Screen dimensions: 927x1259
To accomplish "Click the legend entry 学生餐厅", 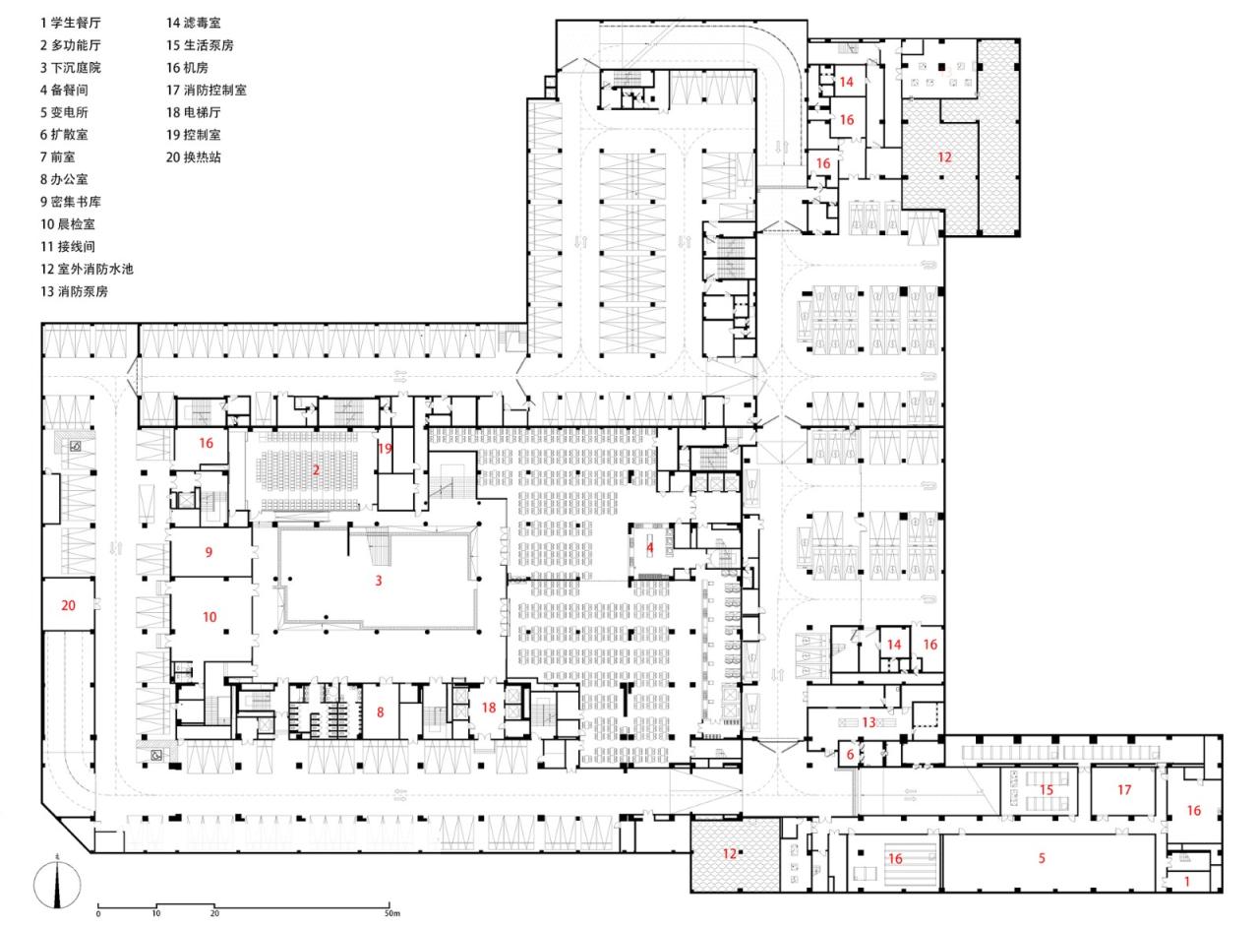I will pyautogui.click(x=70, y=23).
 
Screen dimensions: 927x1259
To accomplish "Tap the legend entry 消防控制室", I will pyautogui.click(x=207, y=91).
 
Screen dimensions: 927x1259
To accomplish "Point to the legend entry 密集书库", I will pyautogui.click(x=70, y=203).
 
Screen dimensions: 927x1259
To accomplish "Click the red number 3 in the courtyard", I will pyautogui.click(x=378, y=582).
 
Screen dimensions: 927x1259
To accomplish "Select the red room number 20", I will pyautogui.click(x=68, y=606).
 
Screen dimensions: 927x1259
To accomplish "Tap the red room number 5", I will pyautogui.click(x=1042, y=859).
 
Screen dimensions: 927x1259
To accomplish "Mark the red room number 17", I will pyautogui.click(x=1124, y=790).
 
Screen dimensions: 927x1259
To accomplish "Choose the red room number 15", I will pyautogui.click(x=1047, y=790).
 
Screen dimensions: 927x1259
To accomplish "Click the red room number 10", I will pyautogui.click(x=210, y=618).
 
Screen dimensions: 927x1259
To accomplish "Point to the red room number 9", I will pyautogui.click(x=209, y=553).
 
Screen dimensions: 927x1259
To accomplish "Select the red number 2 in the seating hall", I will pyautogui.click(x=316, y=470).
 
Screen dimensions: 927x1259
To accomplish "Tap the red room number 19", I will pyautogui.click(x=385, y=448).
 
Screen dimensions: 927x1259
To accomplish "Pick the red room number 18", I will pyautogui.click(x=489, y=708).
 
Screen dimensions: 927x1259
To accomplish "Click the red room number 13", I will pyautogui.click(x=869, y=722).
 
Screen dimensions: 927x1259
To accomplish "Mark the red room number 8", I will pyautogui.click(x=380, y=711).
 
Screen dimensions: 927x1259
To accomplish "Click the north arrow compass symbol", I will pyautogui.click(x=57, y=885).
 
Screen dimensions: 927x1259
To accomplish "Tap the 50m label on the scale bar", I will pyautogui.click(x=391, y=914).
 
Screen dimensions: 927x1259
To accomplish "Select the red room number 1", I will pyautogui.click(x=1187, y=883).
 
